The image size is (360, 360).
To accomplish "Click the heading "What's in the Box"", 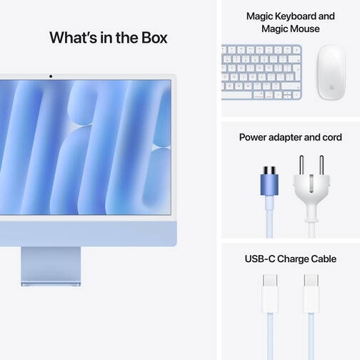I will [108, 37].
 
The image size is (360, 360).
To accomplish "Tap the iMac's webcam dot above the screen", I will [51, 76].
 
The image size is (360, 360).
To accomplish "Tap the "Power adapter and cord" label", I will [290, 137].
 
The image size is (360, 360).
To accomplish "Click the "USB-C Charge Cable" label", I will [290, 259].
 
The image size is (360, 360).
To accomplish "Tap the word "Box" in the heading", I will [152, 37].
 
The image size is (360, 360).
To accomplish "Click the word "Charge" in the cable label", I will [291, 259].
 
